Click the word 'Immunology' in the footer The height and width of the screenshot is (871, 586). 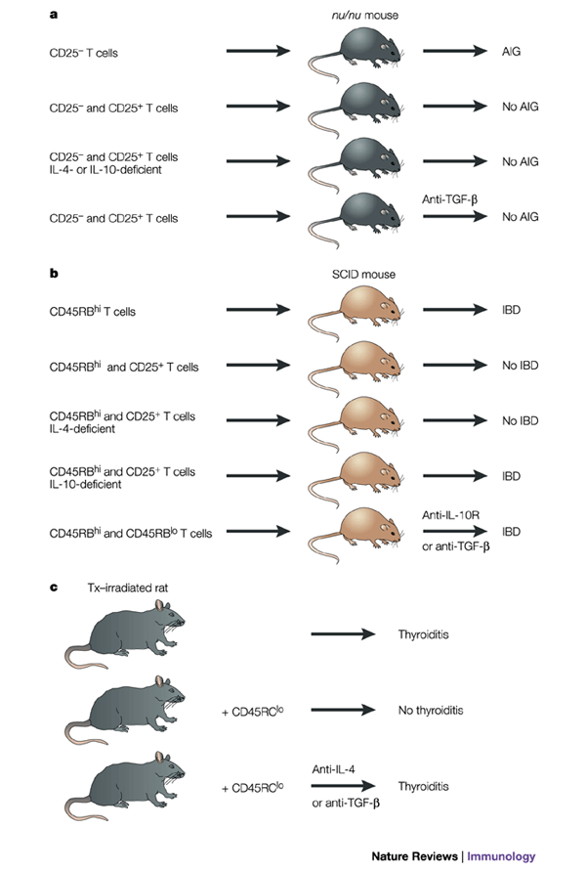pos(501,856)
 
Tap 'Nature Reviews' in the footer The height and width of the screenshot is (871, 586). pos(423,856)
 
